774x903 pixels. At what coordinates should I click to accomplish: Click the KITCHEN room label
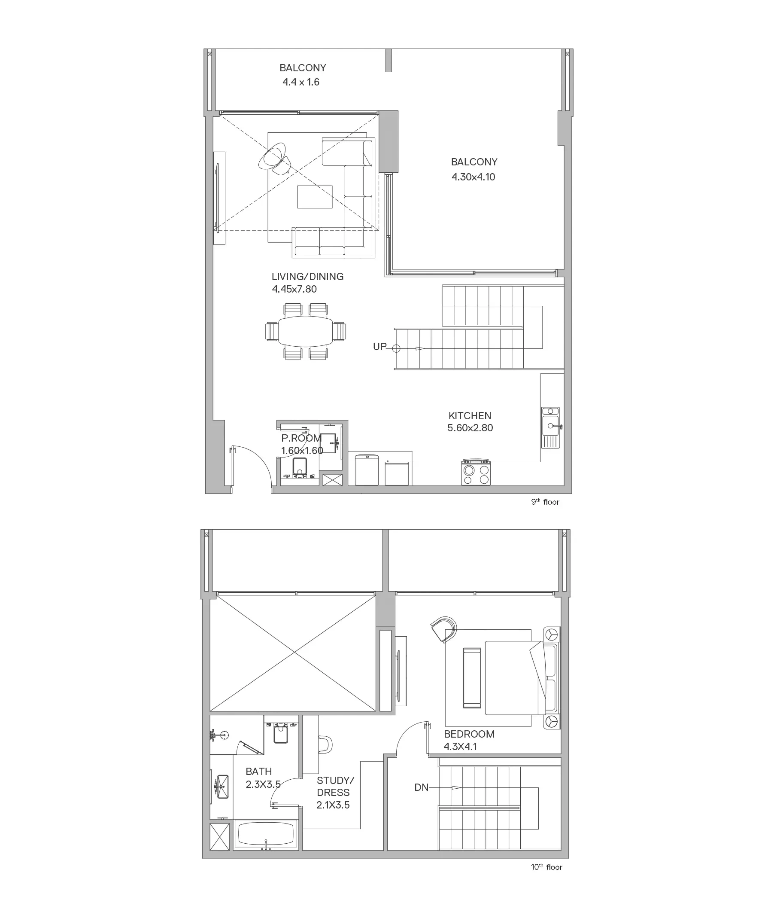(x=470, y=415)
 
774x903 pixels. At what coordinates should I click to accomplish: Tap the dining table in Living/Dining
(x=305, y=331)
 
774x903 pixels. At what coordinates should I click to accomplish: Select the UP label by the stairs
(x=380, y=347)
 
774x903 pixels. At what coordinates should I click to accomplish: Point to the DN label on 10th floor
(x=421, y=787)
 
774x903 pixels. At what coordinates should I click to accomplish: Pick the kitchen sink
(x=550, y=427)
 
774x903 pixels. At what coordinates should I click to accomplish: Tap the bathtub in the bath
(x=266, y=835)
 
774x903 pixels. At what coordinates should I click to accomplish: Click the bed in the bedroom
(x=515, y=678)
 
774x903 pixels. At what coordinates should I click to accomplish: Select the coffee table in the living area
(x=315, y=197)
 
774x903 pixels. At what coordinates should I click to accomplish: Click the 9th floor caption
(x=545, y=502)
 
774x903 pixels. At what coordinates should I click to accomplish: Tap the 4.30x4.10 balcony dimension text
(x=474, y=177)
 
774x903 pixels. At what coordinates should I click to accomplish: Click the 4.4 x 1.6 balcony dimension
(x=301, y=82)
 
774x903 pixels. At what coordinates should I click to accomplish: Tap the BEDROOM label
(x=469, y=734)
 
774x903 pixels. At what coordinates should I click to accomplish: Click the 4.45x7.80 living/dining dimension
(x=294, y=289)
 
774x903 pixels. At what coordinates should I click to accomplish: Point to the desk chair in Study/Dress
(x=325, y=744)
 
